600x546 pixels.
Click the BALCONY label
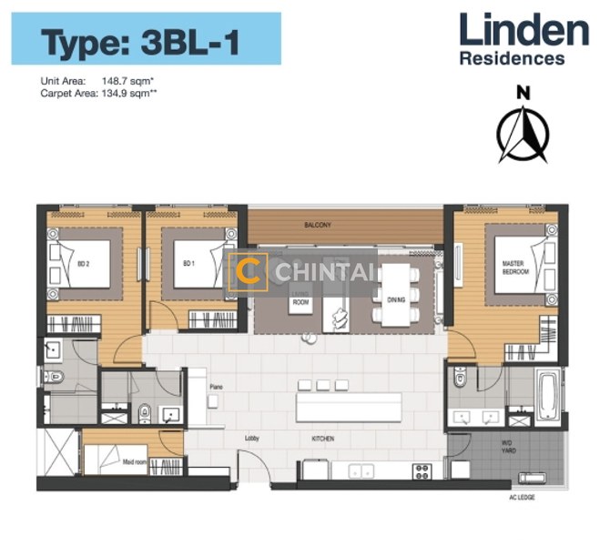318,225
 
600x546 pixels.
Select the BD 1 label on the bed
188,264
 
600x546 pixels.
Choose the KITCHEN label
322,439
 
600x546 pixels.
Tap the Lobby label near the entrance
252,439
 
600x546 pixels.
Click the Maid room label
136,462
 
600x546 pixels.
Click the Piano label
216,387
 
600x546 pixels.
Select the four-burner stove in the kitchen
422,470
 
